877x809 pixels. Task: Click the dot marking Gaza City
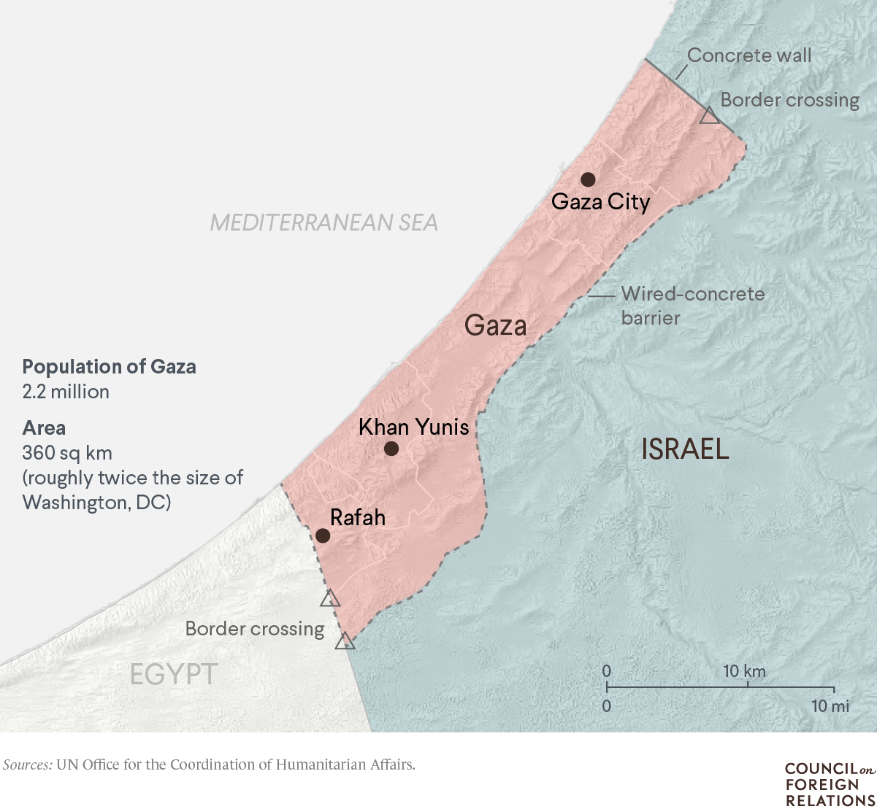(x=588, y=179)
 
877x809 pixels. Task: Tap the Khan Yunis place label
(x=413, y=427)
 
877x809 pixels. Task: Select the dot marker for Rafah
(x=323, y=535)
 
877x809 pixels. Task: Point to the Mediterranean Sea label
(x=323, y=222)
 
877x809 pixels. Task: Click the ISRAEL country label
(x=685, y=449)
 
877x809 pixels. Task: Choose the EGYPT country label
(x=174, y=674)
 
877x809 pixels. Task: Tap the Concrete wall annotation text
(x=749, y=55)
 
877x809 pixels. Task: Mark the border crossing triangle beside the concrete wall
(x=709, y=116)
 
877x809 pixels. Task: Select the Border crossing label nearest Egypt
(x=254, y=629)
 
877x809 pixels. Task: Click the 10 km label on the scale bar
(x=744, y=671)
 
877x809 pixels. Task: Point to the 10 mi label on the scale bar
(x=830, y=706)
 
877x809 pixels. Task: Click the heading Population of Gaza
(x=109, y=366)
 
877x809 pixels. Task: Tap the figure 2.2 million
(x=66, y=392)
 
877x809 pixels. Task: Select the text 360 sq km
(x=67, y=453)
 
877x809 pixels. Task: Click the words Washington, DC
(x=96, y=503)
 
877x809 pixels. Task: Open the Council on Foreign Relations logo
(x=829, y=785)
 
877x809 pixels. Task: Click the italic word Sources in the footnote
(x=27, y=765)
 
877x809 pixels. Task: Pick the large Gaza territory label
(x=495, y=325)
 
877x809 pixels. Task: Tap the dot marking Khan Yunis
(x=391, y=448)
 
